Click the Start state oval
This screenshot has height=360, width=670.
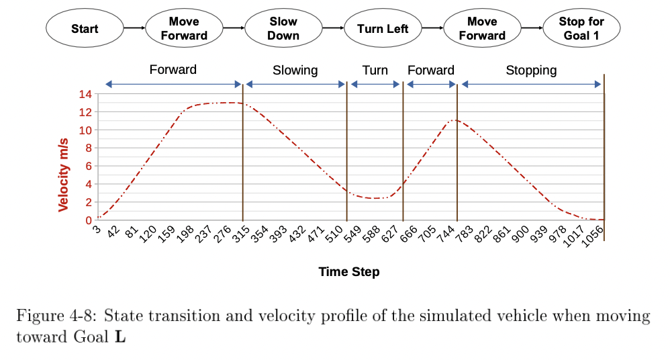pyautogui.click(x=85, y=28)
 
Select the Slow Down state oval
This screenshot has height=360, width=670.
pyautogui.click(x=283, y=28)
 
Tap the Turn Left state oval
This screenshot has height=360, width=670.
pyautogui.click(x=383, y=28)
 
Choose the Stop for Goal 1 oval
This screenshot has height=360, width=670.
pyautogui.click(x=581, y=28)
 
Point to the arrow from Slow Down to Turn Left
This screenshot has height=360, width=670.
pyautogui.click(x=333, y=28)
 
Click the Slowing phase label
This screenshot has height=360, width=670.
pyautogui.click(x=295, y=70)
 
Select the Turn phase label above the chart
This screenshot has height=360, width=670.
pyautogui.click(x=375, y=70)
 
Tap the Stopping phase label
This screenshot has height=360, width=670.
pyautogui.click(x=531, y=70)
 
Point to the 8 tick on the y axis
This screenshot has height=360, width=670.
pyautogui.click(x=88, y=148)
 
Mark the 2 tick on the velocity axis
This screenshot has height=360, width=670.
pyautogui.click(x=88, y=202)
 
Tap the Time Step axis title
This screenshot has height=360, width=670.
pyautogui.click(x=349, y=272)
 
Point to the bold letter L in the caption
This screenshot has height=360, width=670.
pyautogui.click(x=120, y=336)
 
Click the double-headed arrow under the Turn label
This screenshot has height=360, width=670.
pyautogui.click(x=375, y=84)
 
